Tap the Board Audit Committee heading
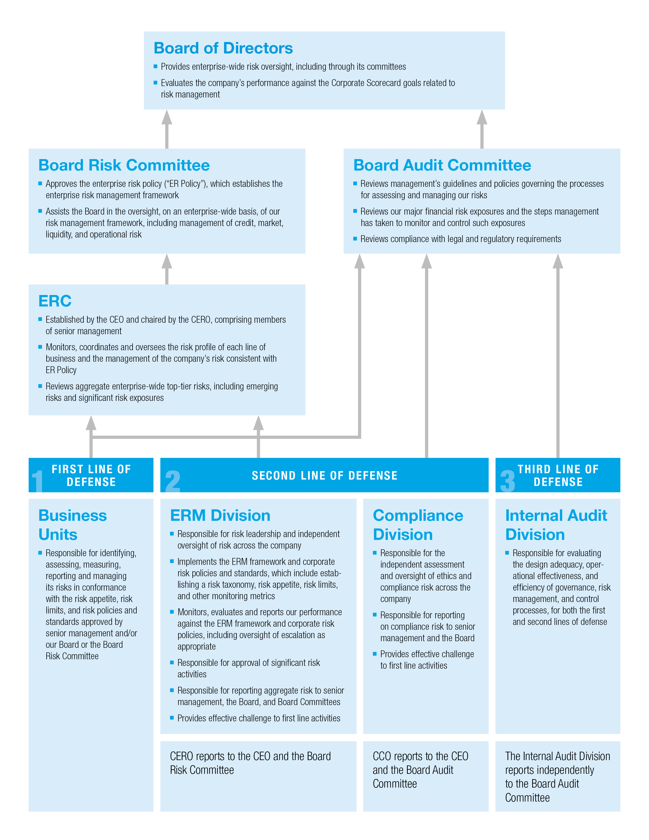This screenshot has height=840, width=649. click(x=442, y=165)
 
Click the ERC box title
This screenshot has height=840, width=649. click(x=55, y=301)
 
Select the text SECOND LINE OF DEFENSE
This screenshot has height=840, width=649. click(x=324, y=476)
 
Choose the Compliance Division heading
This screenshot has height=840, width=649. click(x=418, y=525)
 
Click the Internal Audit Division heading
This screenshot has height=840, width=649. click(x=556, y=525)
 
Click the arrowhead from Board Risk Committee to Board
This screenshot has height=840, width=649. click(x=166, y=118)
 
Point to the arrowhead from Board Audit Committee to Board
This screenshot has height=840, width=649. click(x=482, y=118)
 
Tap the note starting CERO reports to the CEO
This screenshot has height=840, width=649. click(x=250, y=763)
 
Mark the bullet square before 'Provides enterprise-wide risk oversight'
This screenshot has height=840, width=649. click(x=155, y=66)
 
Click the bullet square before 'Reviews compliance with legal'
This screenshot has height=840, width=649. click(x=355, y=239)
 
